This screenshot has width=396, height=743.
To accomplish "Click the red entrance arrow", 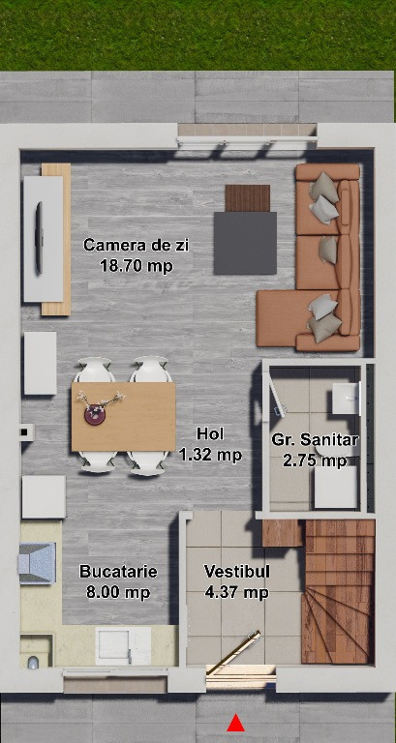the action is click(x=235, y=723).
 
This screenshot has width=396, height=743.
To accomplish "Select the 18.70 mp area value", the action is click(x=137, y=266).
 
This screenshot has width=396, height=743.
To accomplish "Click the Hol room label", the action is click(x=210, y=433).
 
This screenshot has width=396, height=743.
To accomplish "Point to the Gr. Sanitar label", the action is click(x=315, y=440).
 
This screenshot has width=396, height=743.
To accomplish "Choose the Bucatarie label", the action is click(x=118, y=572).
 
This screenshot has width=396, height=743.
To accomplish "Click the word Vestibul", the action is click(x=237, y=572).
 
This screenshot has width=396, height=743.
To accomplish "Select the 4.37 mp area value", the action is click(x=237, y=592).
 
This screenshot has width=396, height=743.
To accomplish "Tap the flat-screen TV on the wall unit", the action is click(x=39, y=237).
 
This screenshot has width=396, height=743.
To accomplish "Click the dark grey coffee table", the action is click(x=245, y=243).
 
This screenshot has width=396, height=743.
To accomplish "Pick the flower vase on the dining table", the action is click(x=94, y=414).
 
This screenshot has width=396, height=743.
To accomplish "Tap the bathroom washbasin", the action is click(x=347, y=399).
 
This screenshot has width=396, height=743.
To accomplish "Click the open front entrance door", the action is click(x=233, y=652).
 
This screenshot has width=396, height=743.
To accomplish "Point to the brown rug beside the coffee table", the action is click(x=247, y=198).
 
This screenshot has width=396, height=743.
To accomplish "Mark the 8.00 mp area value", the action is click(x=118, y=592).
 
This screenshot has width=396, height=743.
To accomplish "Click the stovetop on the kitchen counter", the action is click(x=37, y=563).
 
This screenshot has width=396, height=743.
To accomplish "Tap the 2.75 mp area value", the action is click(x=315, y=461).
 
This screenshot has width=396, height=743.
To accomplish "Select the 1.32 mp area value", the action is click(x=210, y=455).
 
